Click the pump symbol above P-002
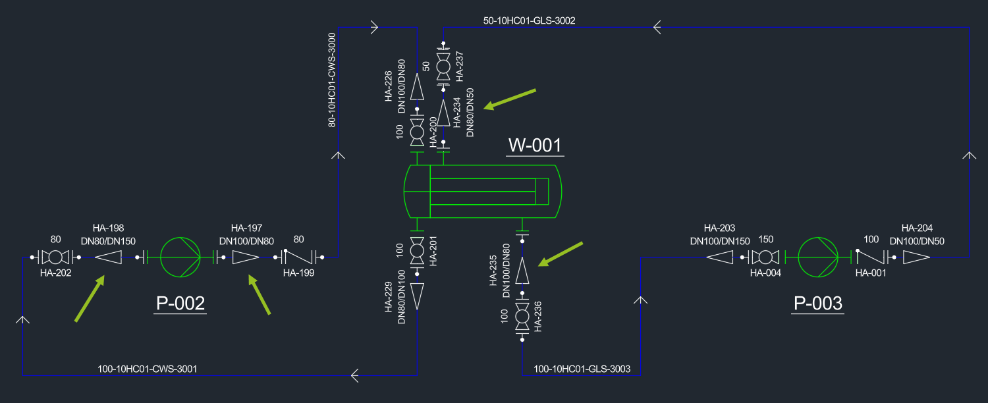coord(180,257)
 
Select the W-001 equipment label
coord(535,145)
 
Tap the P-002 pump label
coord(180,304)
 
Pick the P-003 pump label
coord(817,304)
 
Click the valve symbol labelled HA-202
coord(55,257)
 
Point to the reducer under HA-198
coord(109,257)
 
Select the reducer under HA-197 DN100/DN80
coord(246,257)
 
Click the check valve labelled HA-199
coord(299,257)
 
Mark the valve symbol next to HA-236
coord(522,317)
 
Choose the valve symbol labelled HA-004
coord(765,257)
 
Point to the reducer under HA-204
coord(916,257)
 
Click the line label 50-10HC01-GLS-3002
coord(529,20)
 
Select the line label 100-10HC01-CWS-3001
coord(147,369)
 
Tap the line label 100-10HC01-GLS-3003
coord(582,369)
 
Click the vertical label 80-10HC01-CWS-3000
coord(332,79)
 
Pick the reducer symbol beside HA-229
coord(417,296)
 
